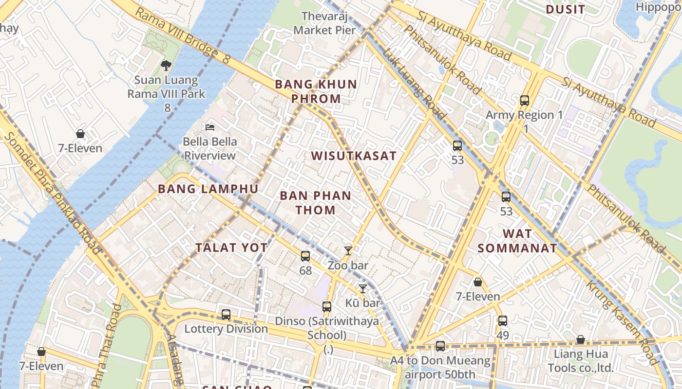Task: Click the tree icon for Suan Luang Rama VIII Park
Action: [166, 65]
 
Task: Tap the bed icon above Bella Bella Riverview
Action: [210, 127]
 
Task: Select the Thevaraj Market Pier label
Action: [324, 23]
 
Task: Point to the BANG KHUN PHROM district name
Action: [316, 91]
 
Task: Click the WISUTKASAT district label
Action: [354, 156]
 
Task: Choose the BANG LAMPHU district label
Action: [208, 189]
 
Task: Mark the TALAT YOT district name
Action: [231, 248]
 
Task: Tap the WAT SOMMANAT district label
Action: [517, 241]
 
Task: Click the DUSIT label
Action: [565, 10]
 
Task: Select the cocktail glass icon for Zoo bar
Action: [348, 251]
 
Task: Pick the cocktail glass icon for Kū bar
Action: [362, 289]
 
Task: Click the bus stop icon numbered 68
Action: [305, 256]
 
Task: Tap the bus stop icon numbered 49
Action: [503, 321]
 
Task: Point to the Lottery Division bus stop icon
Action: [226, 314]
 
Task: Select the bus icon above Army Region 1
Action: [525, 101]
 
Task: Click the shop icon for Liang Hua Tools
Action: [580, 339]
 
